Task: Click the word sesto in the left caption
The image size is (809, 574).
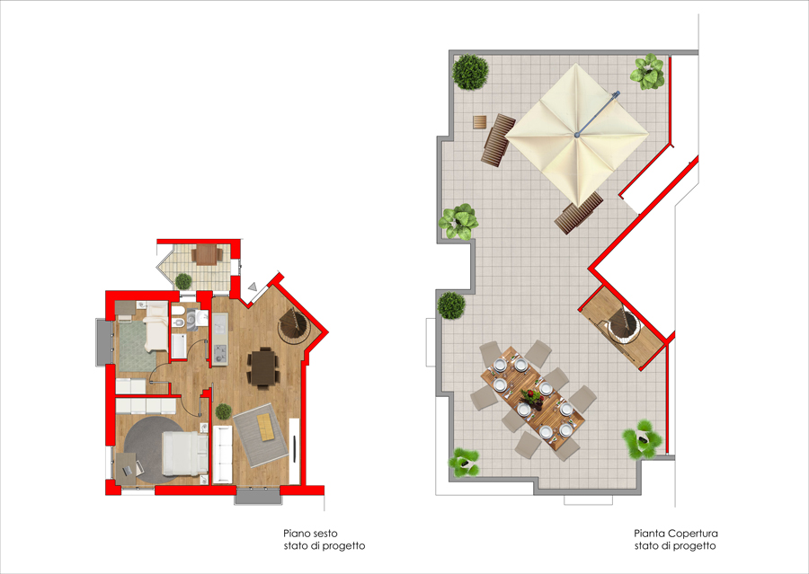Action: [x=324, y=534]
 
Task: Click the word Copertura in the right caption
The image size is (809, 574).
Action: [x=692, y=534]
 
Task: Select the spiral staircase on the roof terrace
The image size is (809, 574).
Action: [x=623, y=326]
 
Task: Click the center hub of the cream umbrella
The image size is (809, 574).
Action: [x=577, y=135]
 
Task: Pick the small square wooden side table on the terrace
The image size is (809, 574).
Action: [x=480, y=122]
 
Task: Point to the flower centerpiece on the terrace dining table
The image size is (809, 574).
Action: [x=531, y=398]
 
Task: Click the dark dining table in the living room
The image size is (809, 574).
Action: [x=263, y=367]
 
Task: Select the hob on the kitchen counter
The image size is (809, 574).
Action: [x=220, y=354]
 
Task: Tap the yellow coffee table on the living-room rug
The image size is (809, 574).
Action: [x=266, y=427]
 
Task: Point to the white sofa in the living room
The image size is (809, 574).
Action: [x=222, y=455]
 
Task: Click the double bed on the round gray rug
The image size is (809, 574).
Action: [x=184, y=454]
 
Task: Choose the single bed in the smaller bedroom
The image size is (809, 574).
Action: [x=156, y=326]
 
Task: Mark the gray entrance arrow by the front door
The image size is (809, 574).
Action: [x=253, y=287]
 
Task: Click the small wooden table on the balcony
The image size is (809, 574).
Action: [x=206, y=254]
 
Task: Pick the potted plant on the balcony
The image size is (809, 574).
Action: [x=183, y=281]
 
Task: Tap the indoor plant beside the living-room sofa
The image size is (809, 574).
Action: [x=224, y=411]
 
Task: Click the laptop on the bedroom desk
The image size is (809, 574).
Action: [x=128, y=471]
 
